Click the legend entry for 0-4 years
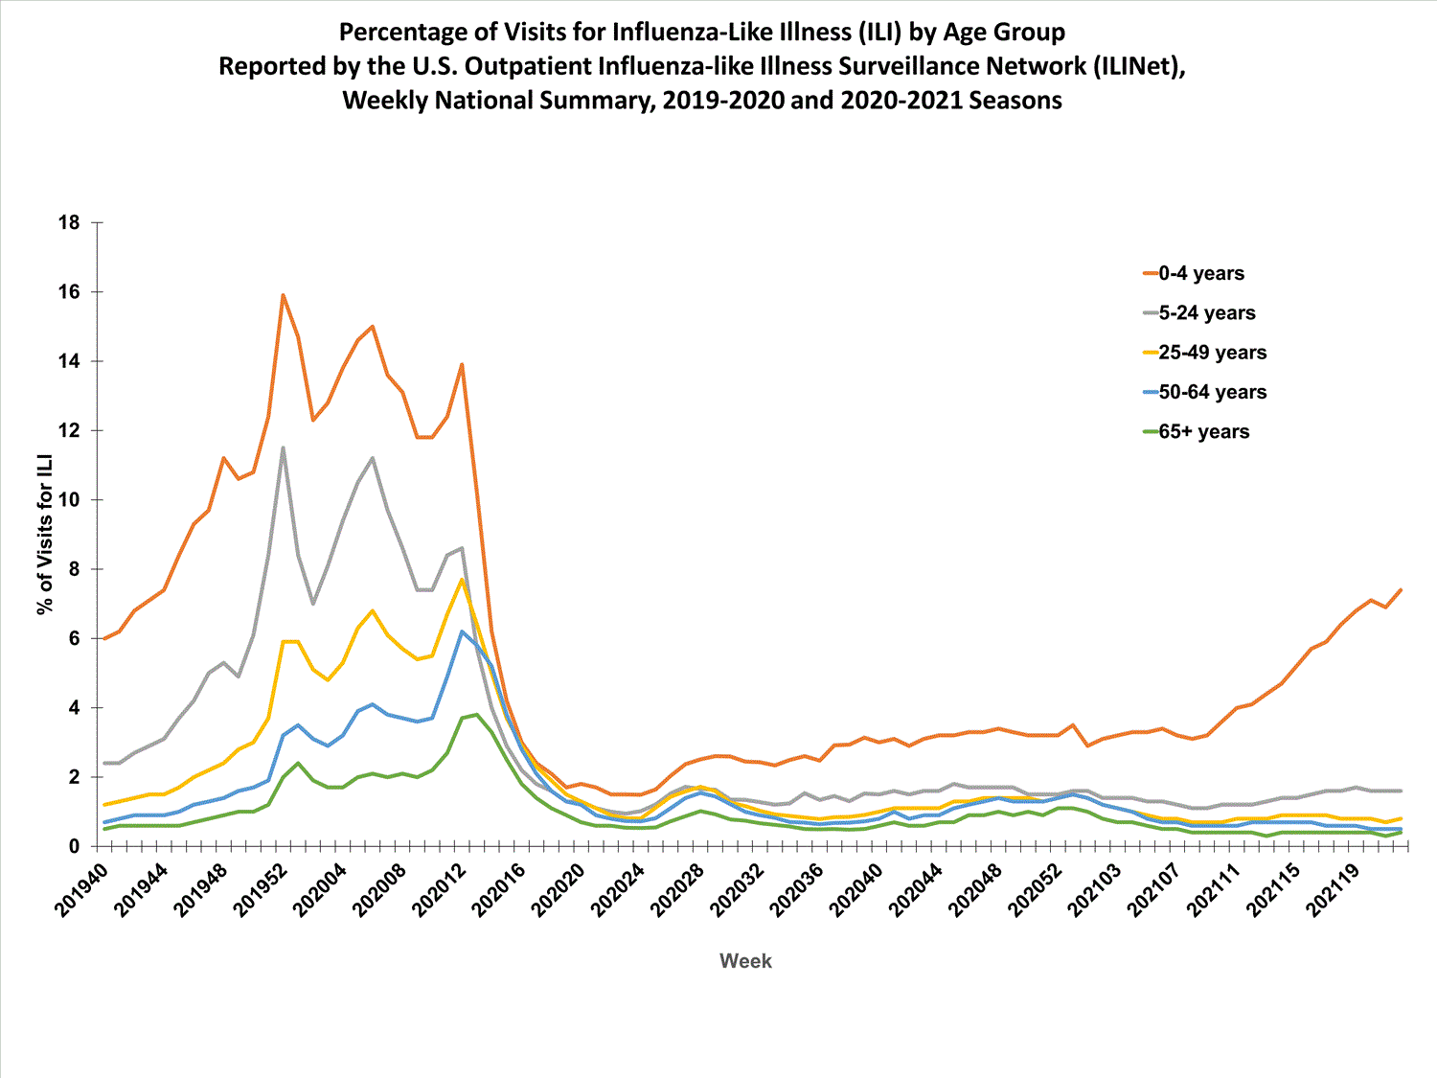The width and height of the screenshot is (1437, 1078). (x=1200, y=273)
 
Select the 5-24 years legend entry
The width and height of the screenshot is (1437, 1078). (x=1206, y=313)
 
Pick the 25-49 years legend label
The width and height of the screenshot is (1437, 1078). (x=1212, y=353)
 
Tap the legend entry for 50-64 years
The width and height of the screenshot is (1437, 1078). (x=1212, y=392)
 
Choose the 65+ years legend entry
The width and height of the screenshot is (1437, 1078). (x=1203, y=431)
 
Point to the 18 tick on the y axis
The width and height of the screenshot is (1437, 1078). (x=70, y=222)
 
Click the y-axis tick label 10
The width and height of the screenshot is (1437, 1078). (x=70, y=500)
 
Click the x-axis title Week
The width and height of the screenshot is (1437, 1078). (x=745, y=961)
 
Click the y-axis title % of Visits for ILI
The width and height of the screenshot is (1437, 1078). (x=44, y=535)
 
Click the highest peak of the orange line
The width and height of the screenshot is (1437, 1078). (x=284, y=295)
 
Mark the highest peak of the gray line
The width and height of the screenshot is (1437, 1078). (x=283, y=447)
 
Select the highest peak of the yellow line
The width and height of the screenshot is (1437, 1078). (x=462, y=579)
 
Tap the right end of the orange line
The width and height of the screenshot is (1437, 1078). (x=1401, y=590)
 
